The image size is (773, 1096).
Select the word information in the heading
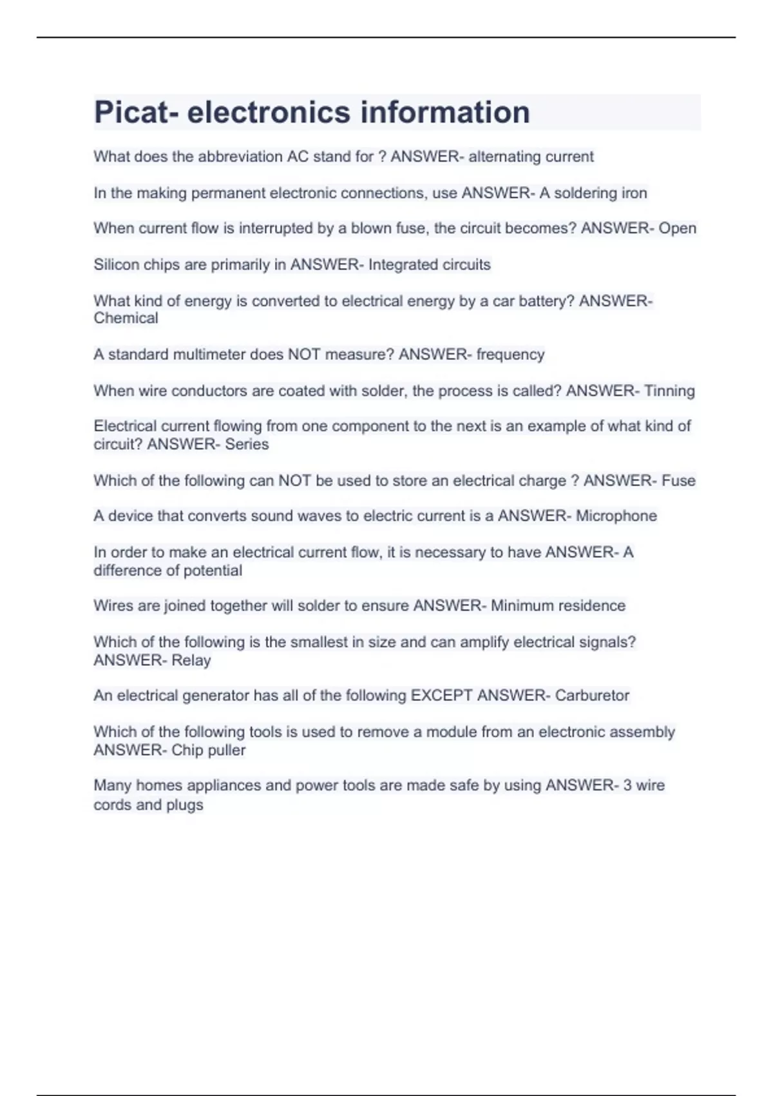click(x=445, y=112)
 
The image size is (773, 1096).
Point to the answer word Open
click(x=677, y=229)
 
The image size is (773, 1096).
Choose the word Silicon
click(x=116, y=264)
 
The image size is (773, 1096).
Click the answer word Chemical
click(x=126, y=318)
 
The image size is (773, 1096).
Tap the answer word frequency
click(x=510, y=355)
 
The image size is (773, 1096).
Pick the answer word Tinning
click(x=669, y=391)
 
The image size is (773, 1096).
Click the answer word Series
click(x=247, y=444)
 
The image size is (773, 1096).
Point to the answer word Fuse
click(x=678, y=480)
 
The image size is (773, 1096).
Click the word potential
click(x=213, y=571)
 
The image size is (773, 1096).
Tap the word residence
click(x=592, y=606)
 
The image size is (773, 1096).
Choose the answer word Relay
click(x=191, y=660)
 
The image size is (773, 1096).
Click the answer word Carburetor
click(x=592, y=696)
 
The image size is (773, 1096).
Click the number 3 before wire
click(x=627, y=785)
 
